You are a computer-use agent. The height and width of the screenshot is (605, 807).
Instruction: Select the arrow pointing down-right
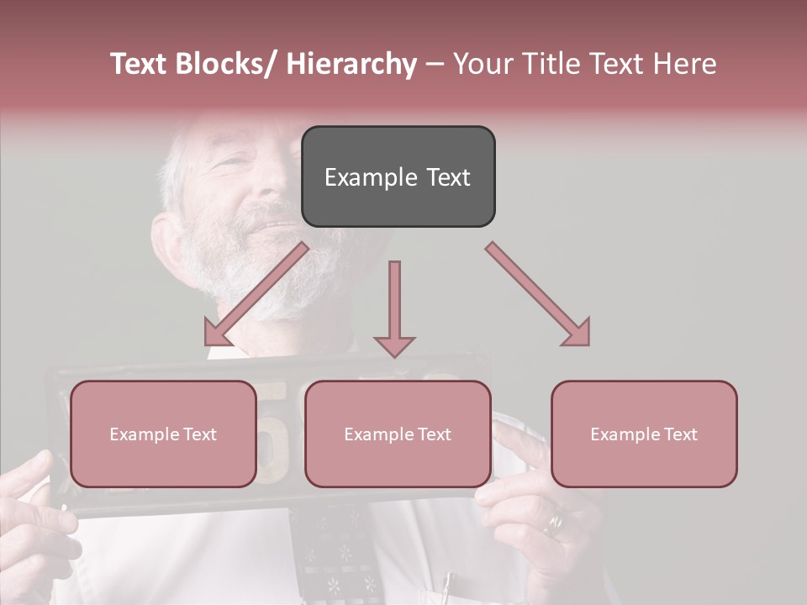[x=538, y=294]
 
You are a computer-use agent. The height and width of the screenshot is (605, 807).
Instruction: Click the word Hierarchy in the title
[x=351, y=64]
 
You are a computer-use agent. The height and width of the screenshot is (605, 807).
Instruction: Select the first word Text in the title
[x=140, y=64]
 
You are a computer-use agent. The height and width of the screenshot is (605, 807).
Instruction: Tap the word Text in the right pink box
[x=679, y=434]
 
